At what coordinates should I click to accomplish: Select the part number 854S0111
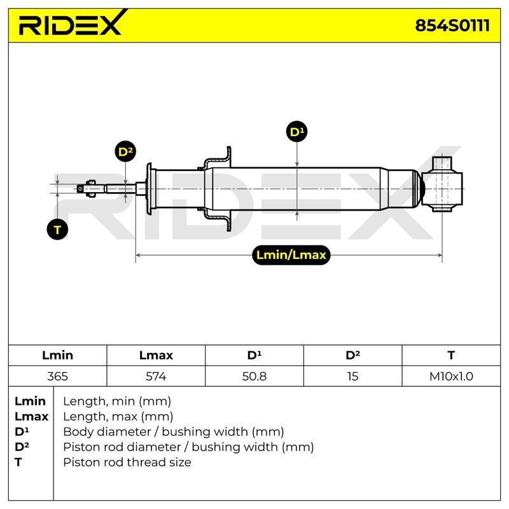pyautogui.click(x=452, y=25)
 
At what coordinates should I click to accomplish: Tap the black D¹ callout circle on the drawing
pyautogui.click(x=296, y=132)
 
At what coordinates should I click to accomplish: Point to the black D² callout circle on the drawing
pyautogui.click(x=125, y=151)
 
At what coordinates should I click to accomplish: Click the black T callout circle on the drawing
pyautogui.click(x=57, y=230)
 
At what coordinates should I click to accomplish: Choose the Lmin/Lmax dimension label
pyautogui.click(x=291, y=255)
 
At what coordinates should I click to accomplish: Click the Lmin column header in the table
pyautogui.click(x=57, y=355)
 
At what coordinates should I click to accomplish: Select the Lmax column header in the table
pyautogui.click(x=156, y=355)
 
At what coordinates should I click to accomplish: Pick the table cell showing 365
pyautogui.click(x=57, y=376)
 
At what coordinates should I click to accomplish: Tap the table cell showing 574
pyautogui.click(x=156, y=376)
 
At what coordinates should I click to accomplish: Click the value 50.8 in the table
pyautogui.click(x=254, y=376)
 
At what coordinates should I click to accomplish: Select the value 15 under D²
pyautogui.click(x=352, y=376)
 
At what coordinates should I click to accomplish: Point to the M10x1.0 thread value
pyautogui.click(x=451, y=376)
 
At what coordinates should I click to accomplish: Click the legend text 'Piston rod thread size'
pyautogui.click(x=127, y=463)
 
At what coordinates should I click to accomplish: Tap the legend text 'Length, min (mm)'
pyautogui.click(x=117, y=401)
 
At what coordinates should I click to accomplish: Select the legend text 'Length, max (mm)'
pyautogui.click(x=118, y=417)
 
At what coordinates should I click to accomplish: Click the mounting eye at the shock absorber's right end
pyautogui.click(x=442, y=184)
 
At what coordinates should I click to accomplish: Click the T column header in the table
pyautogui.click(x=451, y=355)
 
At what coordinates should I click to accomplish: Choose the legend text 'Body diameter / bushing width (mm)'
pyautogui.click(x=174, y=432)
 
